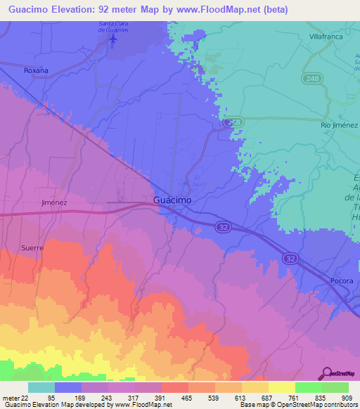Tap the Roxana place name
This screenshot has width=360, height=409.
click(36, 70)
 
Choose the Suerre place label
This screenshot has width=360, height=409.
click(32, 248)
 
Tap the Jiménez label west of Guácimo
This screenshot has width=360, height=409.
click(54, 202)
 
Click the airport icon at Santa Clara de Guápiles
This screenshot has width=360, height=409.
click(113, 39)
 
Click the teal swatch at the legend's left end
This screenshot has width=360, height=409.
click(41, 387)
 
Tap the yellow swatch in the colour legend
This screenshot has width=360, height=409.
click(282, 387)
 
